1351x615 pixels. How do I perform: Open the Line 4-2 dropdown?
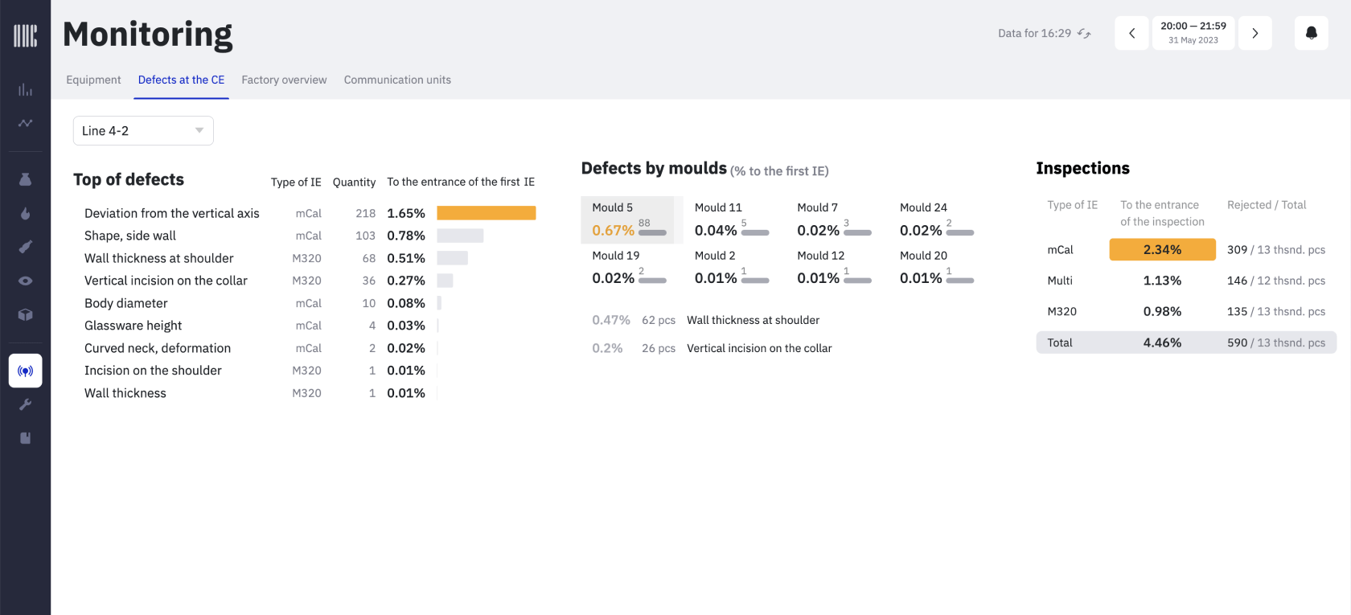pos(143,131)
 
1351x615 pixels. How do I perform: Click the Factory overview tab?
pos(284,80)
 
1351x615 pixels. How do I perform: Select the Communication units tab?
pos(397,80)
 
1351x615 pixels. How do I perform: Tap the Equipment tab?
pos(93,80)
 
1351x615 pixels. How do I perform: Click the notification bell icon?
pos(1311,33)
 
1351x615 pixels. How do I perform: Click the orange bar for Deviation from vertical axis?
pos(486,213)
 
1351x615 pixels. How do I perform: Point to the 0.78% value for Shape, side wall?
pos(406,236)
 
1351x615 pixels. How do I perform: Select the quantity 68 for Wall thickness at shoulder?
pos(369,258)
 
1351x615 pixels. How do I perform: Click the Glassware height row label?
pos(133,326)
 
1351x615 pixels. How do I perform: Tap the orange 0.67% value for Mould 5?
pos(613,231)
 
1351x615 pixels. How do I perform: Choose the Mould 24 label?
pos(923,207)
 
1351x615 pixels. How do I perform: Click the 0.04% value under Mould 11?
pos(716,231)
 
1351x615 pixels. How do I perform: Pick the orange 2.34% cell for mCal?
pos(1162,250)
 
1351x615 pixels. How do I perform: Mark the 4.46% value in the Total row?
pos(1162,342)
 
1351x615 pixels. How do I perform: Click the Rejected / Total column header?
pos(1267,205)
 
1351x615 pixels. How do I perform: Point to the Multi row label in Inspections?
pos(1060,281)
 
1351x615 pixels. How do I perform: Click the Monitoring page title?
pos(148,35)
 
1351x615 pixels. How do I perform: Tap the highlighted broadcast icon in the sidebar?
pos(26,371)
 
